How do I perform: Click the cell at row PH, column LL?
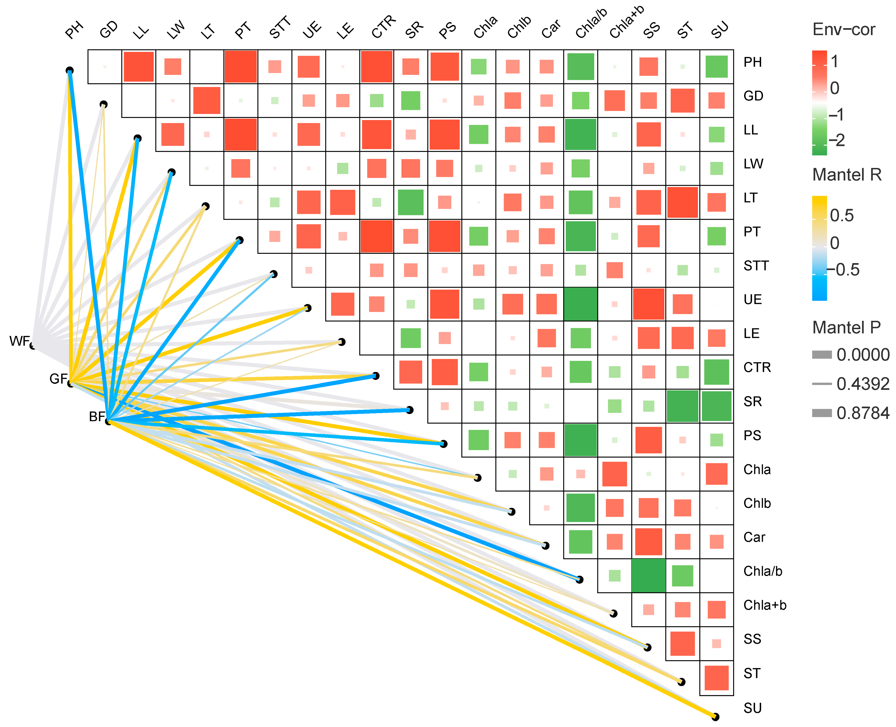pos(139,67)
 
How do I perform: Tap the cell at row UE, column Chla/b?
pos(580,304)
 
